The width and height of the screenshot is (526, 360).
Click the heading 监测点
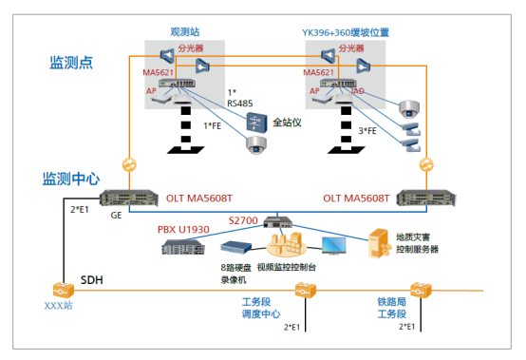click(71, 63)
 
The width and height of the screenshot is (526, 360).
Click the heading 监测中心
click(71, 178)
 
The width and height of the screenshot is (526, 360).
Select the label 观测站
click(185, 32)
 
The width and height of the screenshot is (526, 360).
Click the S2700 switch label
click(243, 220)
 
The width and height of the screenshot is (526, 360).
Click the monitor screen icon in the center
click(335, 246)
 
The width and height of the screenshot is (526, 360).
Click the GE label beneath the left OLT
click(116, 216)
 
